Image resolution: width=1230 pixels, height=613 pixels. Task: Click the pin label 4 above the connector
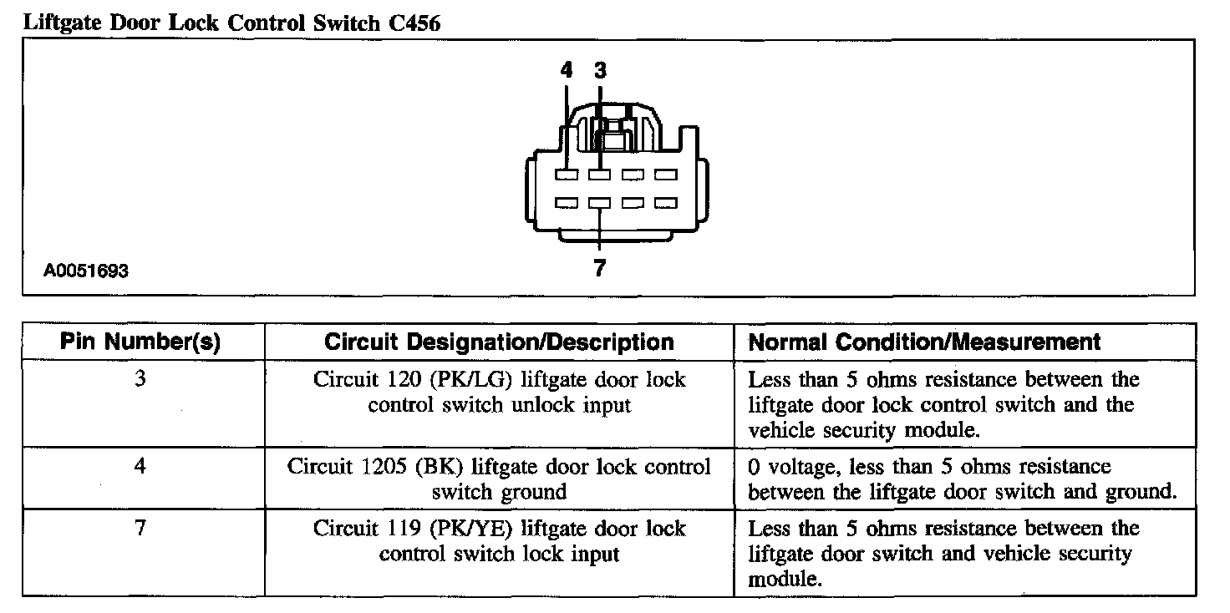(567, 71)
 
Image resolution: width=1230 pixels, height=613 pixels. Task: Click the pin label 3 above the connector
(600, 71)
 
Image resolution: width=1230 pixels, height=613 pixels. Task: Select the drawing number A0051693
(87, 271)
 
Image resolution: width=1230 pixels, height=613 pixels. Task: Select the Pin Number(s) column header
(140, 342)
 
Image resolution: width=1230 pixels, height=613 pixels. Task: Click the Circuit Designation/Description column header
(499, 342)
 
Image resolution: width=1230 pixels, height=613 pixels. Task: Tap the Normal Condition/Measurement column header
(924, 342)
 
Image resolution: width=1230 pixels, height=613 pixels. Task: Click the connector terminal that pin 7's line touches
(600, 203)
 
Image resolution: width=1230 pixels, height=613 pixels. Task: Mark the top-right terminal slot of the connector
(665, 175)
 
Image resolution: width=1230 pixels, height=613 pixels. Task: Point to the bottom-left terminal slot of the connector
(567, 203)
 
